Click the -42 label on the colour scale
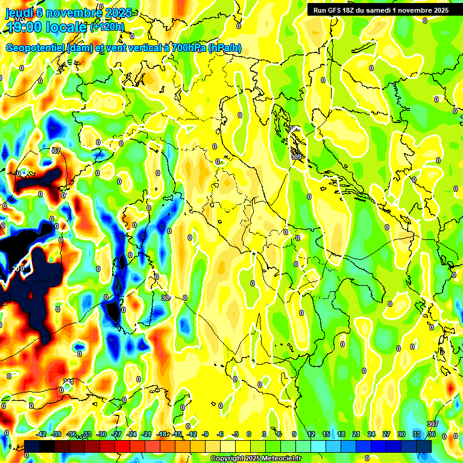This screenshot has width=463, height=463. [x=42, y=434]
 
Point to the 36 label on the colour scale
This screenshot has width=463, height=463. [x=432, y=434]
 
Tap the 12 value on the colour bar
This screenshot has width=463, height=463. [x=310, y=434]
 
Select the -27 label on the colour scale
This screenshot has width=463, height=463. [x=116, y=434]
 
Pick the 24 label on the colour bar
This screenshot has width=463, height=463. [x=371, y=434]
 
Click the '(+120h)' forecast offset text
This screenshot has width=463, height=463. [x=107, y=27]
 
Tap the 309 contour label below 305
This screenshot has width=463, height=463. [x=296, y=157]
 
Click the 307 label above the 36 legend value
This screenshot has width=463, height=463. [x=432, y=424]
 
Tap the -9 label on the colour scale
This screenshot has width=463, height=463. [x=206, y=434]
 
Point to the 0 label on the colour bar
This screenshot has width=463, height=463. [x=249, y=434]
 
